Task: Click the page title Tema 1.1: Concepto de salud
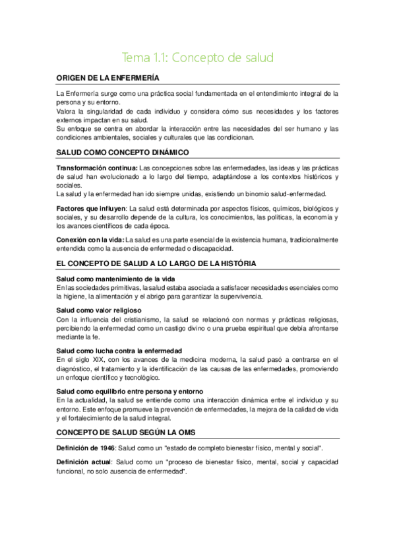click(198, 57)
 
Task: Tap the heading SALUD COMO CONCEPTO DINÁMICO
click(123, 152)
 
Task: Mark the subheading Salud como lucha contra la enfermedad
click(119, 350)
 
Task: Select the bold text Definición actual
click(82, 464)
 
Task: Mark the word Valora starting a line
click(67, 112)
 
